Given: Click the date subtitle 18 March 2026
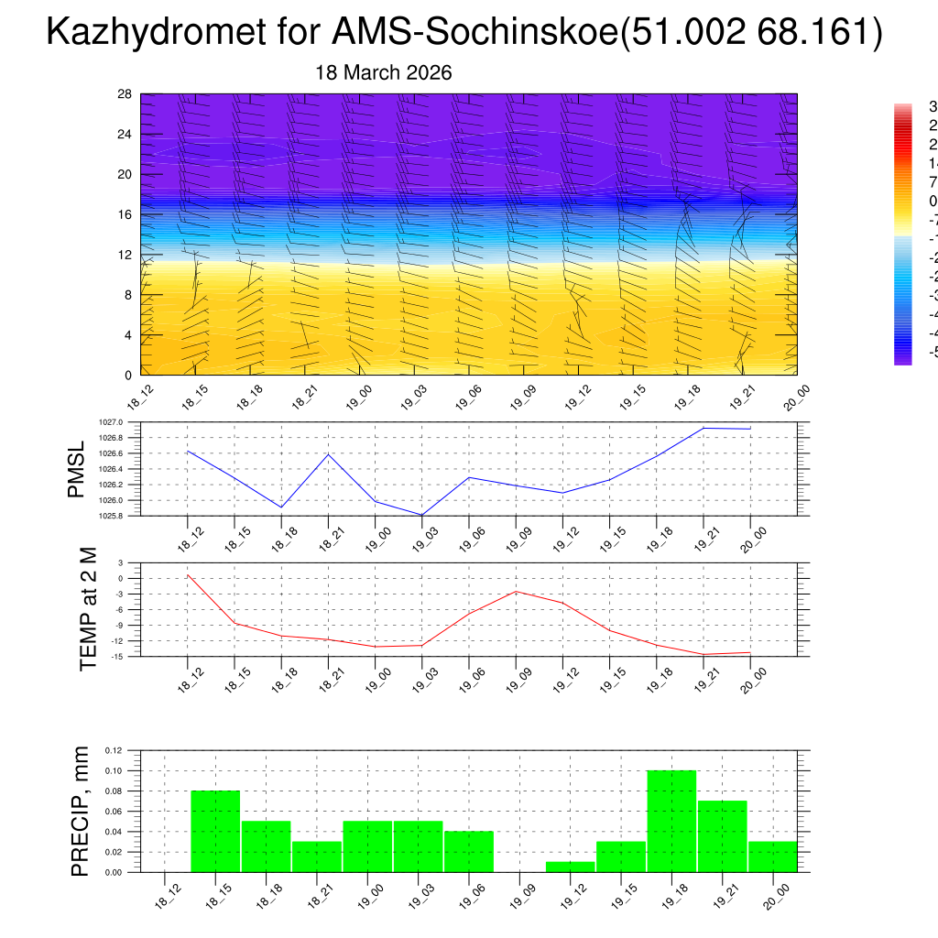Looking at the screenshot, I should (383, 73).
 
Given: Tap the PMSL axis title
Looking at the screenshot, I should (76, 469).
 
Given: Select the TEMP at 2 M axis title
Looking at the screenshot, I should (88, 608).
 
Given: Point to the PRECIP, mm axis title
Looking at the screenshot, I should (81, 811).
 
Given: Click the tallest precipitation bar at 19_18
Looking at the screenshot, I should (671, 822).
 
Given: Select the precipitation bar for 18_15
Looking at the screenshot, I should (215, 832).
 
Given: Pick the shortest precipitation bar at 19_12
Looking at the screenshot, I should (570, 867).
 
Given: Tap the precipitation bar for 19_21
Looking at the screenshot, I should (723, 836).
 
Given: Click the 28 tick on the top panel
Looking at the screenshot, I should (125, 94).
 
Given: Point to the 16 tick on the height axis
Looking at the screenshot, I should (125, 214).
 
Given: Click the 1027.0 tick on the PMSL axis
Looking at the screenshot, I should (110, 422).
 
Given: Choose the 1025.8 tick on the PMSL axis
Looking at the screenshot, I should (110, 516).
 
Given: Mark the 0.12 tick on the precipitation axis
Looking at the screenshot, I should (113, 750).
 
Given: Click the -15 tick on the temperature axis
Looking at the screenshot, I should (118, 656).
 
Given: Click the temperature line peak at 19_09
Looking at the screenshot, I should (516, 592).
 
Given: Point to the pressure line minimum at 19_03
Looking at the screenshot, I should (421, 515).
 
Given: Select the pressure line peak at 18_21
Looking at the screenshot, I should (328, 454).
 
